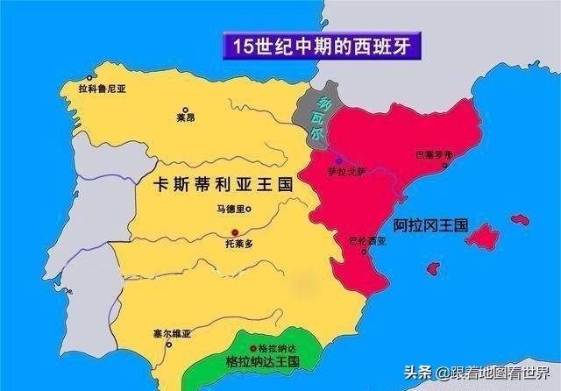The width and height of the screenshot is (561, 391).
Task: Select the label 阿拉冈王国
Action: [430, 225]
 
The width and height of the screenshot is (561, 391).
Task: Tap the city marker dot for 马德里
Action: [248, 209]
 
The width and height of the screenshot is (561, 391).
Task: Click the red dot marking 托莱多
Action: [235, 230]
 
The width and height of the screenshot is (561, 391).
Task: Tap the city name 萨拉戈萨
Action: [344, 173]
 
